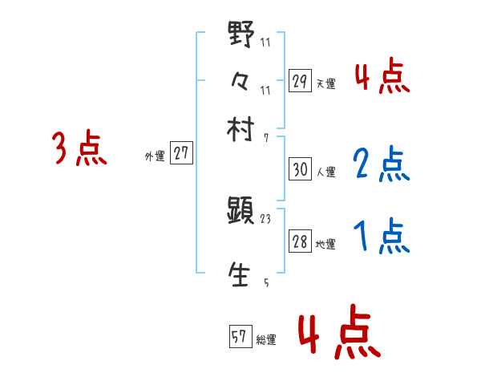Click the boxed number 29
coord(300,81)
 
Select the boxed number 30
coord(300,170)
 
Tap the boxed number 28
coord(300,243)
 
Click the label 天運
coord(325,83)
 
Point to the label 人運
coord(325,172)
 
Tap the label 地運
coord(325,245)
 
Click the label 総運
coord(266,340)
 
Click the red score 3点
coord(79,149)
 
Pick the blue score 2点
coord(380,164)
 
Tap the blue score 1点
coord(380,236)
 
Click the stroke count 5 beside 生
coord(266,283)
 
